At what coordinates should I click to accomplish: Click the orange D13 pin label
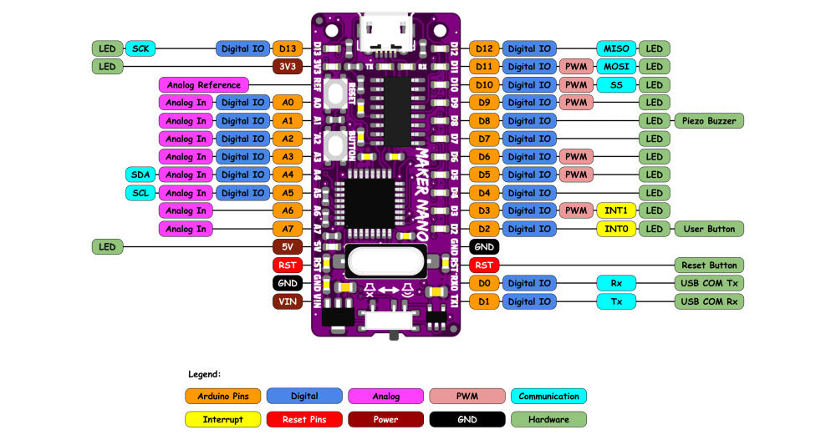tap(288, 48)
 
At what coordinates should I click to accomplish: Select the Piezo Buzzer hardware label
tap(708, 121)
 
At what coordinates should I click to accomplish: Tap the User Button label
tap(708, 229)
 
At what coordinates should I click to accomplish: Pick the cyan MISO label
tap(616, 48)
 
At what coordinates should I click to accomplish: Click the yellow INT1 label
tap(616, 210)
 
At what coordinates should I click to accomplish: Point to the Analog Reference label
tap(204, 85)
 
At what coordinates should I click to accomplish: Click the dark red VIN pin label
tap(288, 301)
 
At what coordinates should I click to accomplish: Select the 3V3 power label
tap(288, 67)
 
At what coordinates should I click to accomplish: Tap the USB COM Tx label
tap(708, 283)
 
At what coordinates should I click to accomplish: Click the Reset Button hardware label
tap(708, 266)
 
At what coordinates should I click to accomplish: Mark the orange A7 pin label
tap(288, 229)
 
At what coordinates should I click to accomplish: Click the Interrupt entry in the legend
tap(222, 419)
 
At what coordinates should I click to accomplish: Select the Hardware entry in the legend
tap(548, 419)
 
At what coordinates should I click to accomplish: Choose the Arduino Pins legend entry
tap(222, 396)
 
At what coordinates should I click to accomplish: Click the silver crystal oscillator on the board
tap(386, 261)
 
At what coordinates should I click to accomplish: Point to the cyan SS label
tap(616, 85)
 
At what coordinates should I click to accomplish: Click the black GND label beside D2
tap(484, 247)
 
